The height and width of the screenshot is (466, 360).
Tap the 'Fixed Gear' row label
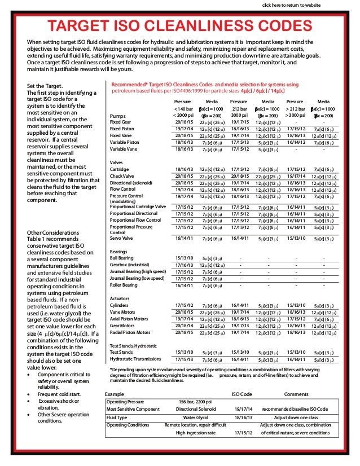(120, 122)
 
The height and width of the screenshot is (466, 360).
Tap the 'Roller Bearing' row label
(124, 285)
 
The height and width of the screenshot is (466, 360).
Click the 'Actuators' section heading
(121, 298)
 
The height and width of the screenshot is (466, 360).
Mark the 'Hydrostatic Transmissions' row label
(136, 359)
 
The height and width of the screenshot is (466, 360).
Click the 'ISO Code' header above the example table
(242, 393)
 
